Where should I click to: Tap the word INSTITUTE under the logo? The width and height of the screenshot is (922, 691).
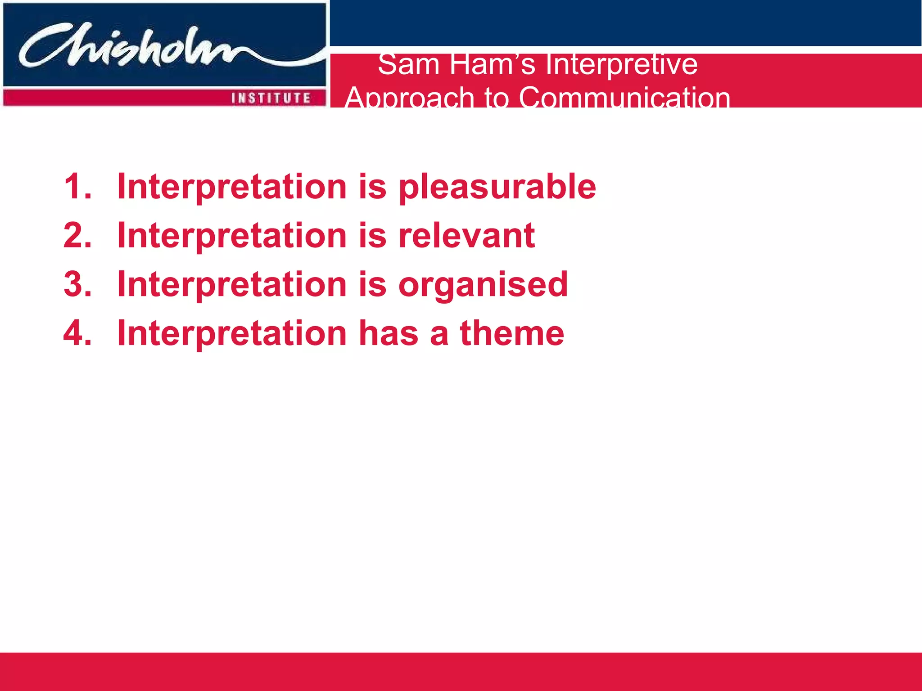pos(271,98)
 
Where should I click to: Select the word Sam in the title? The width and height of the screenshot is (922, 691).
pos(408,64)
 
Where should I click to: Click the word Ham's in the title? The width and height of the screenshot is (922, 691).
pos(492,64)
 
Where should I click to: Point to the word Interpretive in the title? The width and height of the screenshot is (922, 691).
pos(621,64)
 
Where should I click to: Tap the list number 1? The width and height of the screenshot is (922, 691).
pos(77,186)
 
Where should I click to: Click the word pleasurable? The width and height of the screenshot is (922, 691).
pos(497,187)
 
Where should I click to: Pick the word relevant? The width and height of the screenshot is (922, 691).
pos(466,235)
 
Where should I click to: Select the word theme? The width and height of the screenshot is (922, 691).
pos(511,333)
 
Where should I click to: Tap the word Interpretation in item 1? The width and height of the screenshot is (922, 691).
pos(231,187)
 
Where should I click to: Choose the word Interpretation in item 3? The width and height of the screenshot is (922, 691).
pos(231,285)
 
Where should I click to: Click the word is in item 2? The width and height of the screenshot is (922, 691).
pos(372,235)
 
